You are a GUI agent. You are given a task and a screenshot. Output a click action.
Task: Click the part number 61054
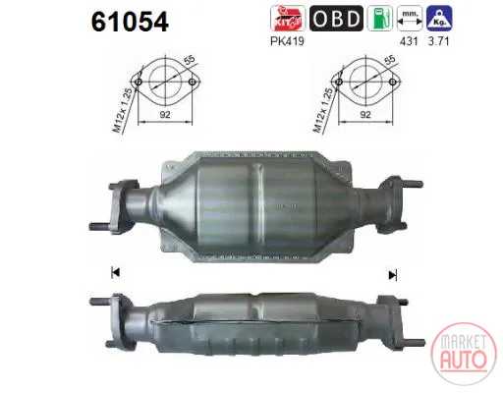pos(130,22)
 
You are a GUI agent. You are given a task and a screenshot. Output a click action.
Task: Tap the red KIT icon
pos(287,19)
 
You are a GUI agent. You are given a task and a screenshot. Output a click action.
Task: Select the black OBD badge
pos(336,19)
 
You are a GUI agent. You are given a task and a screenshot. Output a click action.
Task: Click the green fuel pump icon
pos(380,19)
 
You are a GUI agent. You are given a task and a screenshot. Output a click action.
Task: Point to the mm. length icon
pos(410,19)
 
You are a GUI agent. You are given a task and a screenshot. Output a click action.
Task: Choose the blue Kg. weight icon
pos(439,19)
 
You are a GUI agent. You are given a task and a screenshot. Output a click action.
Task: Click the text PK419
pos(287,41)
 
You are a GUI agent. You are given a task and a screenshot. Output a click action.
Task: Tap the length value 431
pos(409,41)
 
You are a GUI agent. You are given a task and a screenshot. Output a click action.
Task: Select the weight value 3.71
pos(439,41)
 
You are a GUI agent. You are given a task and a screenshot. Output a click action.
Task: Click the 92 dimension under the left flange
pos(165,115)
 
